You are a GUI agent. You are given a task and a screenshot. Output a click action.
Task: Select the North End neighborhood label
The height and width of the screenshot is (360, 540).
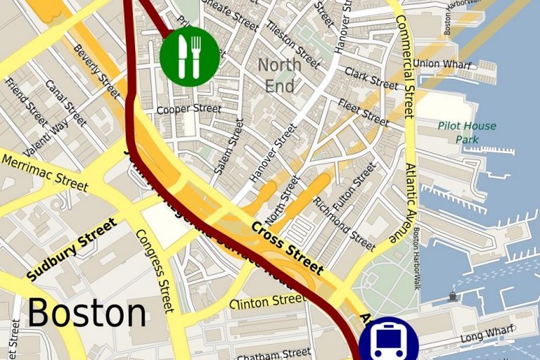(279, 75)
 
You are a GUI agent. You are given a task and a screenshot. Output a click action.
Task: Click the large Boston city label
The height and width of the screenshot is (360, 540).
(87, 313)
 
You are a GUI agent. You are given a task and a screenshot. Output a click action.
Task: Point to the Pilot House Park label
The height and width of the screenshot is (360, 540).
(466, 132)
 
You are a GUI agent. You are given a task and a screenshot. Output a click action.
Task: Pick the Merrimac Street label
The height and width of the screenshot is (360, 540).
(45, 173)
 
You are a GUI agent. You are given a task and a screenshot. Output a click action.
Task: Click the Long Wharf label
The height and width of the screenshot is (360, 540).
(482, 337)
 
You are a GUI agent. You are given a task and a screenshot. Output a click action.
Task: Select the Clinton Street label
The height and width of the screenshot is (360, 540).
(268, 301)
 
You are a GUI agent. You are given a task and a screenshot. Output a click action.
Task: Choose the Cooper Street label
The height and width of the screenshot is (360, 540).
(188, 109)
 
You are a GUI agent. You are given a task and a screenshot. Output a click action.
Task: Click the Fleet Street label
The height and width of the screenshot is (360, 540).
(363, 112)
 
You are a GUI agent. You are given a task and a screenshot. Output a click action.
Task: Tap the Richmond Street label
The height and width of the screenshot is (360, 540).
(344, 224)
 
